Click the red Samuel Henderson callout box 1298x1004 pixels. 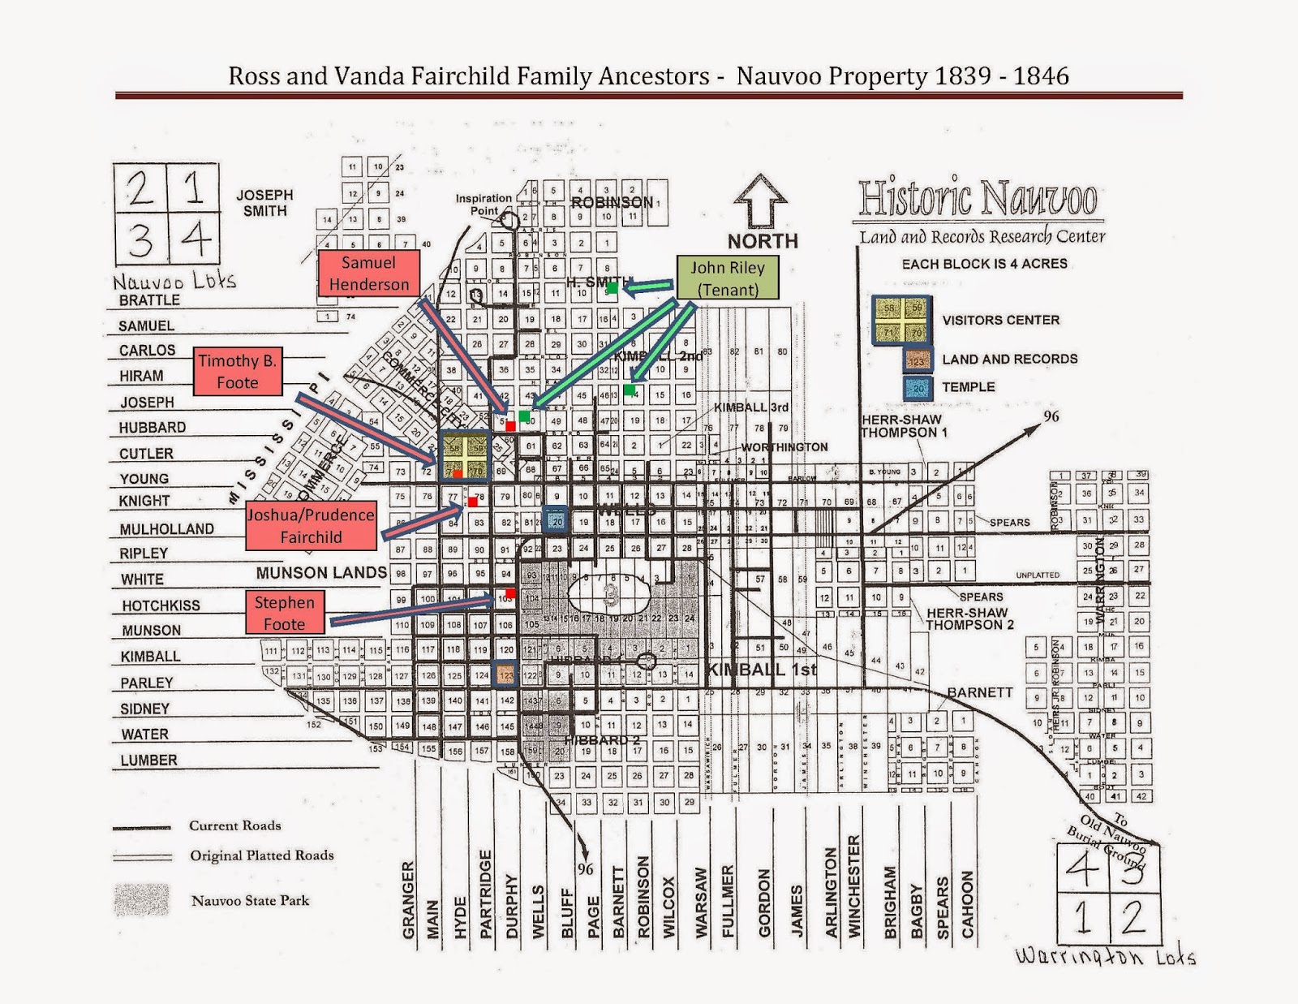369,274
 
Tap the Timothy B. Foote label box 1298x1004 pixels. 238,372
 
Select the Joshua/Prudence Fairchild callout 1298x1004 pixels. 311,526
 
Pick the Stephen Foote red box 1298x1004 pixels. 284,613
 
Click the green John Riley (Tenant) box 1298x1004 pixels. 728,278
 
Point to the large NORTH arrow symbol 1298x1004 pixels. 762,201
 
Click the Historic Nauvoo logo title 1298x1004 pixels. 978,198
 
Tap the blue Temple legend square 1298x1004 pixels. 917,387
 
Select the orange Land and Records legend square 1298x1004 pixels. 917,360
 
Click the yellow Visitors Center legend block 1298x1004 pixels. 900,320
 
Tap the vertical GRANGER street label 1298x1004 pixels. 408,899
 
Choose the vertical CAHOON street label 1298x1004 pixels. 967,904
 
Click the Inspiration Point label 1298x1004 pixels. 484,205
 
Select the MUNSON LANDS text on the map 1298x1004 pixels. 321,573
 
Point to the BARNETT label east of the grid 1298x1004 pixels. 980,692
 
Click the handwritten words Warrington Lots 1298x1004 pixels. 1105,956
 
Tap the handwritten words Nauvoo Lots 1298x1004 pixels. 174,282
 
